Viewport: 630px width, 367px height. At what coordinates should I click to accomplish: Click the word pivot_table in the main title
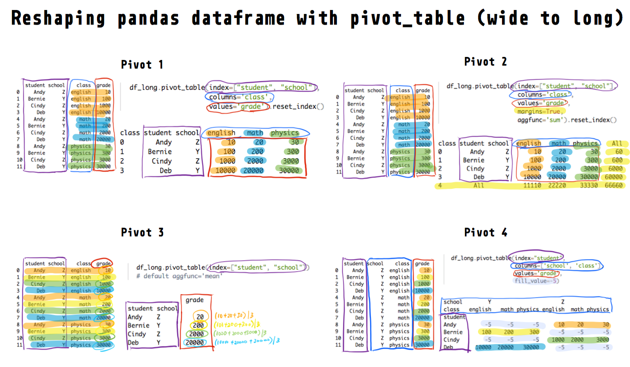pos(407,18)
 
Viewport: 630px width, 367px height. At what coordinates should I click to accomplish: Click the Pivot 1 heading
pos(142,65)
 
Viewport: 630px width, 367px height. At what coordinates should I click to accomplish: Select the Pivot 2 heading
pos(485,62)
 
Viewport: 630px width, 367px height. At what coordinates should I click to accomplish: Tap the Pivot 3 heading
pos(142,233)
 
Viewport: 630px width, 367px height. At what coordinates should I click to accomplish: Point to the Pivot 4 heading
pos(485,233)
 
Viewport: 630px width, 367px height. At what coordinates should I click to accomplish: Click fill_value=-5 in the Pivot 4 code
pos(536,281)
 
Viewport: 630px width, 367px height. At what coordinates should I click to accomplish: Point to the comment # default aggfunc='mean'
pos(179,276)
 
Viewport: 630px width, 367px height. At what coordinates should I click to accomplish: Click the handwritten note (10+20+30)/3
pos(233,316)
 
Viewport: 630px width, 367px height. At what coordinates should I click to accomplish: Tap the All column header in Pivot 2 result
pos(617,143)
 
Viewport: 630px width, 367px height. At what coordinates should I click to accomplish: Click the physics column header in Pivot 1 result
pos(284,133)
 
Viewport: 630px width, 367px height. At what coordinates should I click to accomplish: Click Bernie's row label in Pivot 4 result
pos(453,332)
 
